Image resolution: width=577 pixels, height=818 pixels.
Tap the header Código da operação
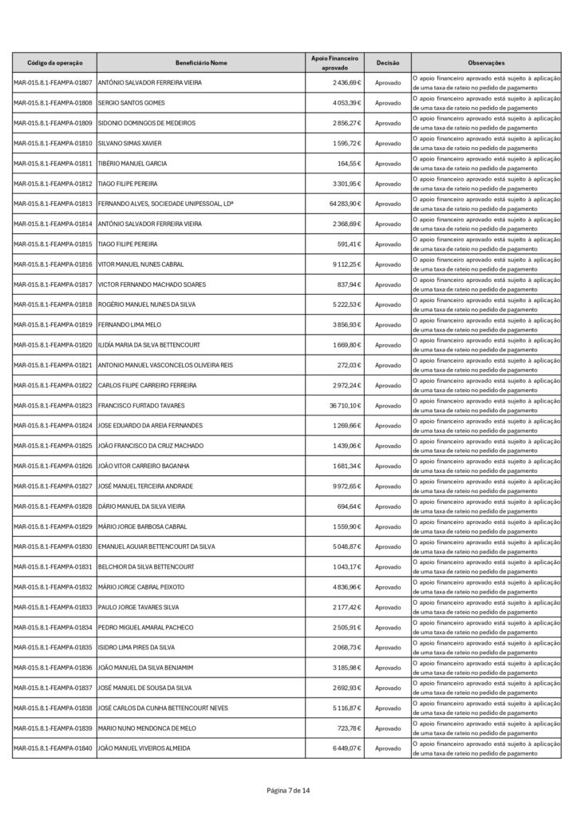coord(54,62)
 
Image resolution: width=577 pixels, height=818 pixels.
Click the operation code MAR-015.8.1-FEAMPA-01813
coord(53,204)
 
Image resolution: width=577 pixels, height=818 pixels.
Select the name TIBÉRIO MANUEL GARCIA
coord(132,164)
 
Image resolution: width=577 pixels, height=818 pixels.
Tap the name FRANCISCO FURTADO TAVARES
coord(141,405)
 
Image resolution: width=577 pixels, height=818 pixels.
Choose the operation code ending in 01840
coord(53,748)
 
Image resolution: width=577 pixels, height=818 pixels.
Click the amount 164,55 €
coord(350,164)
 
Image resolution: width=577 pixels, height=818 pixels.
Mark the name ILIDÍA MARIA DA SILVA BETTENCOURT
coord(148,345)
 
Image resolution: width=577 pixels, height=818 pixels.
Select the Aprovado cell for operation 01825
coord(388,446)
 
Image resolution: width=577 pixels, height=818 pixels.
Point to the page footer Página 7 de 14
coord(288,790)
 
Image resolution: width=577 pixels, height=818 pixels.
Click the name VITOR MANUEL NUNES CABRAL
coord(142,264)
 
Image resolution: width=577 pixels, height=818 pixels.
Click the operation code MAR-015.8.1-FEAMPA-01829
coord(53,526)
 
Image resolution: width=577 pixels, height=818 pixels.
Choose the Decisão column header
coord(388,62)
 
